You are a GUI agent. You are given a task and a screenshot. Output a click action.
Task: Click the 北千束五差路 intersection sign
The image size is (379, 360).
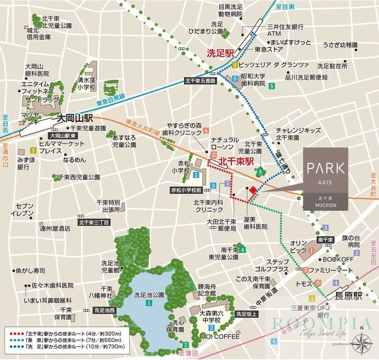pos(200,81)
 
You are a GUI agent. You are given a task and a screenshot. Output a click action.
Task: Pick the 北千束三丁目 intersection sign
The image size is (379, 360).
pos(94,222)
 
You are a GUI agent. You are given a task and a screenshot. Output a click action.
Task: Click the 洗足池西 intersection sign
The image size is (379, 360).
pos(104,310)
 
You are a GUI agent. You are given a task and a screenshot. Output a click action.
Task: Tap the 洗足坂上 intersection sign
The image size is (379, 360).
pos(247,314)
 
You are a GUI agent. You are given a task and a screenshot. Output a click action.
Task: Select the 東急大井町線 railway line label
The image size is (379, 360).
pos(143,127)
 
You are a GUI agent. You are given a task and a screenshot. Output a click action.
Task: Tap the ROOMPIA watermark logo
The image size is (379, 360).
pos(315,324)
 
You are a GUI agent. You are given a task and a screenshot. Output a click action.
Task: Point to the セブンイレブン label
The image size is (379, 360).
pos(24,210)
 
